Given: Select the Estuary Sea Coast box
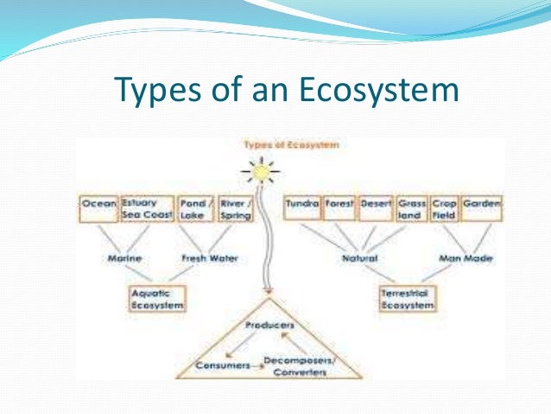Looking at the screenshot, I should (148, 208).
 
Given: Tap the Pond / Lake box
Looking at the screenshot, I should (193, 208).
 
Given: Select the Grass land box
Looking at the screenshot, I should (411, 208).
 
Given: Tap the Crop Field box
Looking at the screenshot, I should (443, 208).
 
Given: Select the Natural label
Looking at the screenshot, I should (355, 258).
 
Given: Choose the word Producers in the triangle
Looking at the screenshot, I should (269, 325).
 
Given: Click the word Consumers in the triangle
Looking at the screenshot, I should (221, 366).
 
